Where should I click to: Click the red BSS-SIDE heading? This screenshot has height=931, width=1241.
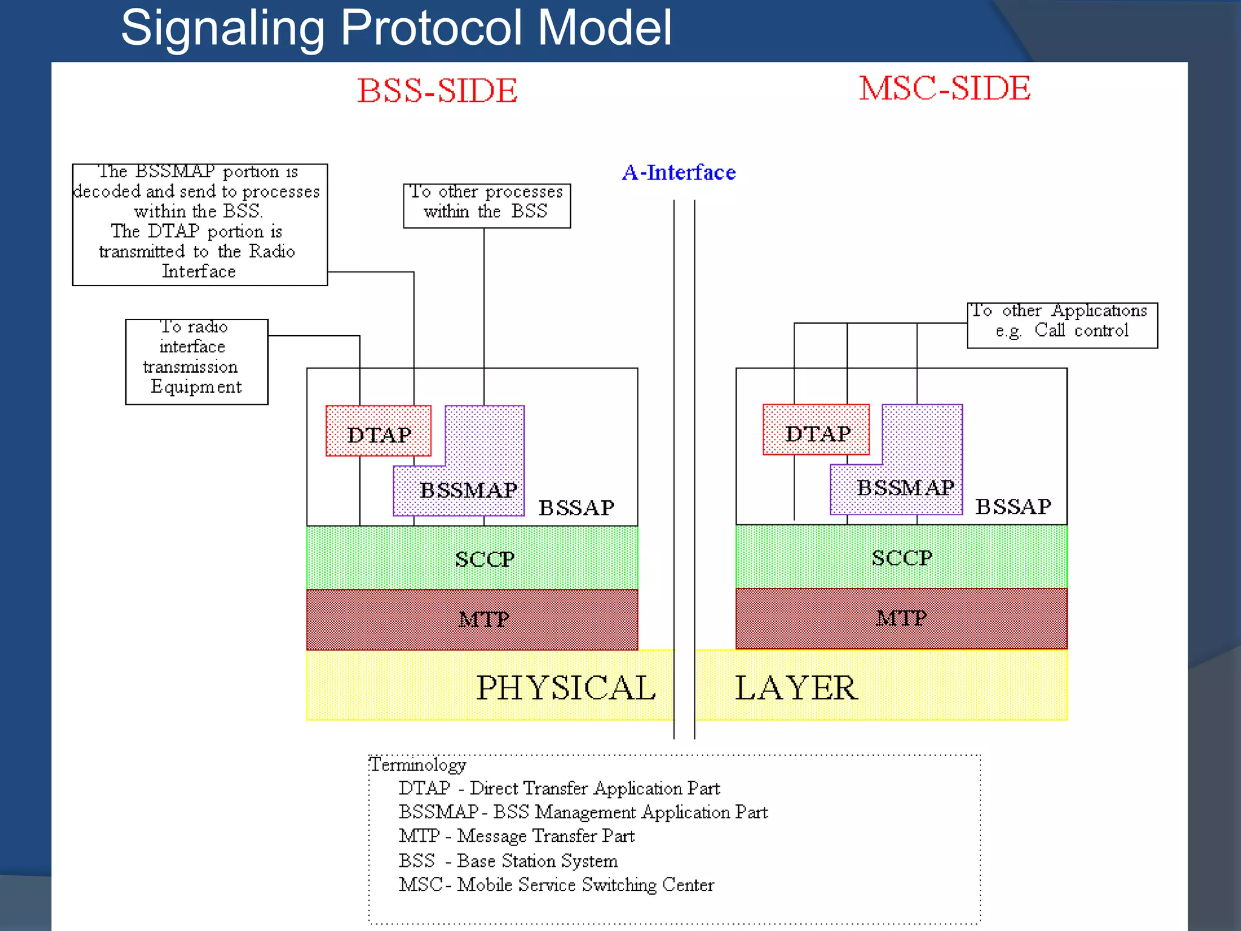[437, 91]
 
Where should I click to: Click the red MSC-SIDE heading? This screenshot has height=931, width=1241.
[944, 88]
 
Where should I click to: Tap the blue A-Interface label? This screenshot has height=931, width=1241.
[679, 173]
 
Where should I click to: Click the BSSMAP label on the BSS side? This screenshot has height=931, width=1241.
[468, 490]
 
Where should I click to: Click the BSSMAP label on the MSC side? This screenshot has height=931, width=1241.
[905, 487]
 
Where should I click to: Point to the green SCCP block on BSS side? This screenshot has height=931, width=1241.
[472, 558]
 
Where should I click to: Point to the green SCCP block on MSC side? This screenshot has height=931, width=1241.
[901, 557]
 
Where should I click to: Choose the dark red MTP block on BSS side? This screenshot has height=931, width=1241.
[472, 619]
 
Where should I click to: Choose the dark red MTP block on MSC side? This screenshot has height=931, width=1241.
[901, 618]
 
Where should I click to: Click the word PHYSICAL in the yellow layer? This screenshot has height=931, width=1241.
[565, 688]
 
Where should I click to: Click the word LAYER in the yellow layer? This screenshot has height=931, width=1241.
[796, 688]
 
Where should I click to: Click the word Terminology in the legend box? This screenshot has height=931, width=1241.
[418, 765]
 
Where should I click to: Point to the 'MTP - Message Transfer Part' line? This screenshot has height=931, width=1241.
[516, 836]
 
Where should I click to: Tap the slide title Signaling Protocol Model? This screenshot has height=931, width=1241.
[396, 28]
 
